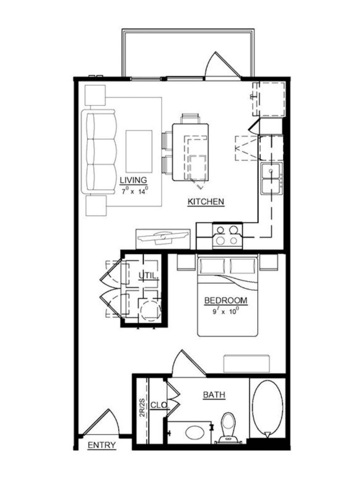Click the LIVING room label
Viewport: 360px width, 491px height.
click(133, 180)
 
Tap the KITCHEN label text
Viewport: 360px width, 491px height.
click(206, 202)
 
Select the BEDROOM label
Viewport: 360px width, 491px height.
click(226, 301)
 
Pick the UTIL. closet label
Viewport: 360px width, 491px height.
click(149, 276)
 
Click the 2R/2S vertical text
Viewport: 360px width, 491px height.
click(142, 408)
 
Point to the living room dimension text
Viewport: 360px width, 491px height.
click(134, 191)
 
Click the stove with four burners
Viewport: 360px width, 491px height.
click(227, 236)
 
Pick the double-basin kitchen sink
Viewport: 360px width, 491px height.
click(271, 179)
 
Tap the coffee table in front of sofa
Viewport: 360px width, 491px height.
click(139, 151)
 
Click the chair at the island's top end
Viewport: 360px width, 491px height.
click(190, 118)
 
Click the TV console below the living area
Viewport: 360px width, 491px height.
click(163, 239)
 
